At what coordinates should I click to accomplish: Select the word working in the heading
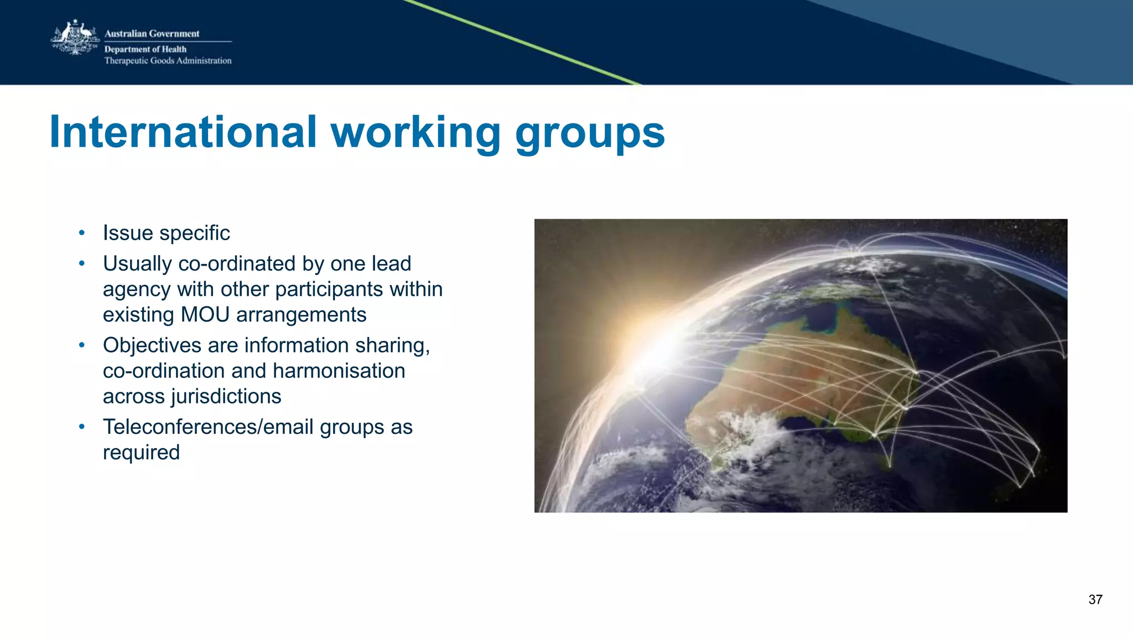coord(415,133)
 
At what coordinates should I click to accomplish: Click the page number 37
coord(1095,600)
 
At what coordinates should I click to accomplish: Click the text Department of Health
coord(145,49)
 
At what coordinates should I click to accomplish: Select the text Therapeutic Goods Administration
coord(168,61)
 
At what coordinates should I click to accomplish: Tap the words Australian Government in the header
coord(152,34)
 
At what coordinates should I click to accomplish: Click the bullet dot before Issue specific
coord(82,233)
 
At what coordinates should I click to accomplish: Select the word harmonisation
coord(339,371)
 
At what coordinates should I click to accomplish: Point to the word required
coord(141,453)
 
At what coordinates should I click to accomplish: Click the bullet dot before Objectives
coord(82,345)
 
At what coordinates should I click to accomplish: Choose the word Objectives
coord(152,345)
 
